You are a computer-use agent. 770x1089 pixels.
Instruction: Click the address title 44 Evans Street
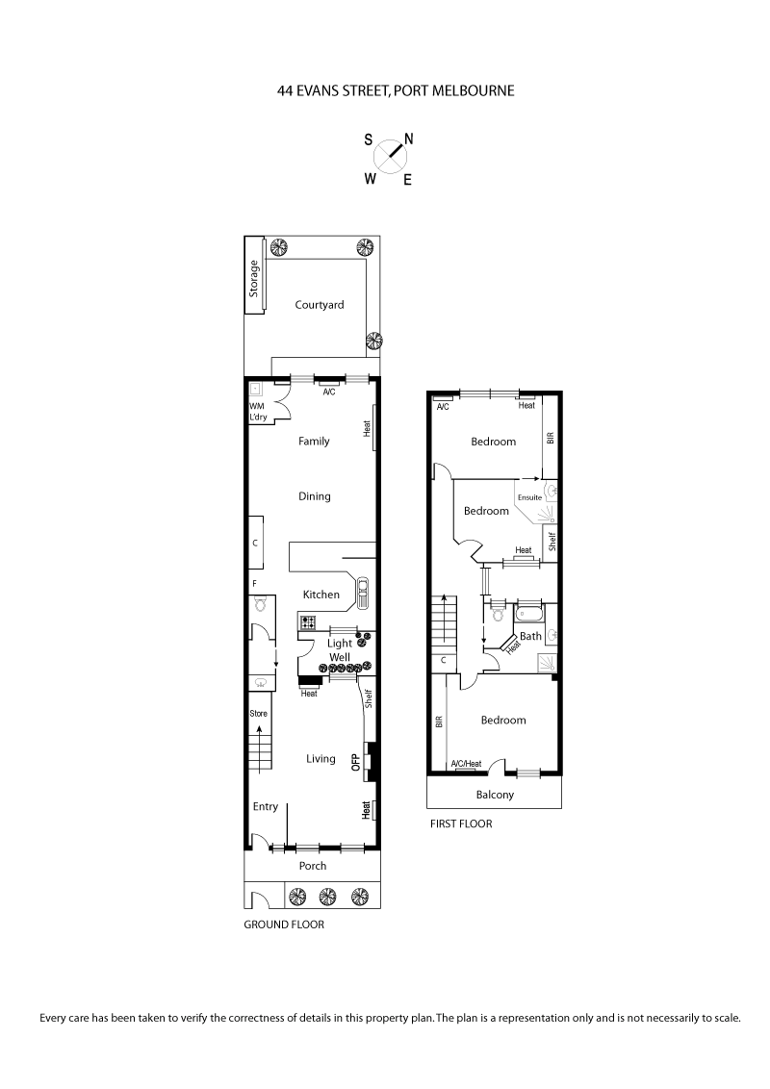(395, 91)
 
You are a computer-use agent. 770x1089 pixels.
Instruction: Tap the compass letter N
(409, 139)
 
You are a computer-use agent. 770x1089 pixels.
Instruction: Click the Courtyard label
(319, 305)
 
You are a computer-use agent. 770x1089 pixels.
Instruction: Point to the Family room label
(314, 442)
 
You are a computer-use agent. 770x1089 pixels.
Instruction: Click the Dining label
(315, 496)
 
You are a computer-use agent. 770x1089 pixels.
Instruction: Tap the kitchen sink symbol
(363, 593)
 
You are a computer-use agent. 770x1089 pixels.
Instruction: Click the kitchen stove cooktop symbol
(308, 622)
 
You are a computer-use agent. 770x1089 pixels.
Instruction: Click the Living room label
(321, 759)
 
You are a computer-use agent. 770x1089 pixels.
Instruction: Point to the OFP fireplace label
(355, 763)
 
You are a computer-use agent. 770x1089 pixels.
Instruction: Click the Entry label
(266, 807)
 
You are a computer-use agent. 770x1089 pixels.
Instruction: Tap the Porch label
(313, 866)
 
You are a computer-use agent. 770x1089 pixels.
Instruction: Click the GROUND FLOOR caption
(284, 924)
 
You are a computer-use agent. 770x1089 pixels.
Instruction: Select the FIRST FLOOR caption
(461, 823)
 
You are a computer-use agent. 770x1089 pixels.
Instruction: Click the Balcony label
(495, 795)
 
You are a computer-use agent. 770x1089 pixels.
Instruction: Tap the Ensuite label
(530, 497)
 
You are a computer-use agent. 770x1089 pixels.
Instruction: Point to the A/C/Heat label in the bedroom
(467, 764)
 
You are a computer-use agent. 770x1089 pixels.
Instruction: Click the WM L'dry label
(258, 412)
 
